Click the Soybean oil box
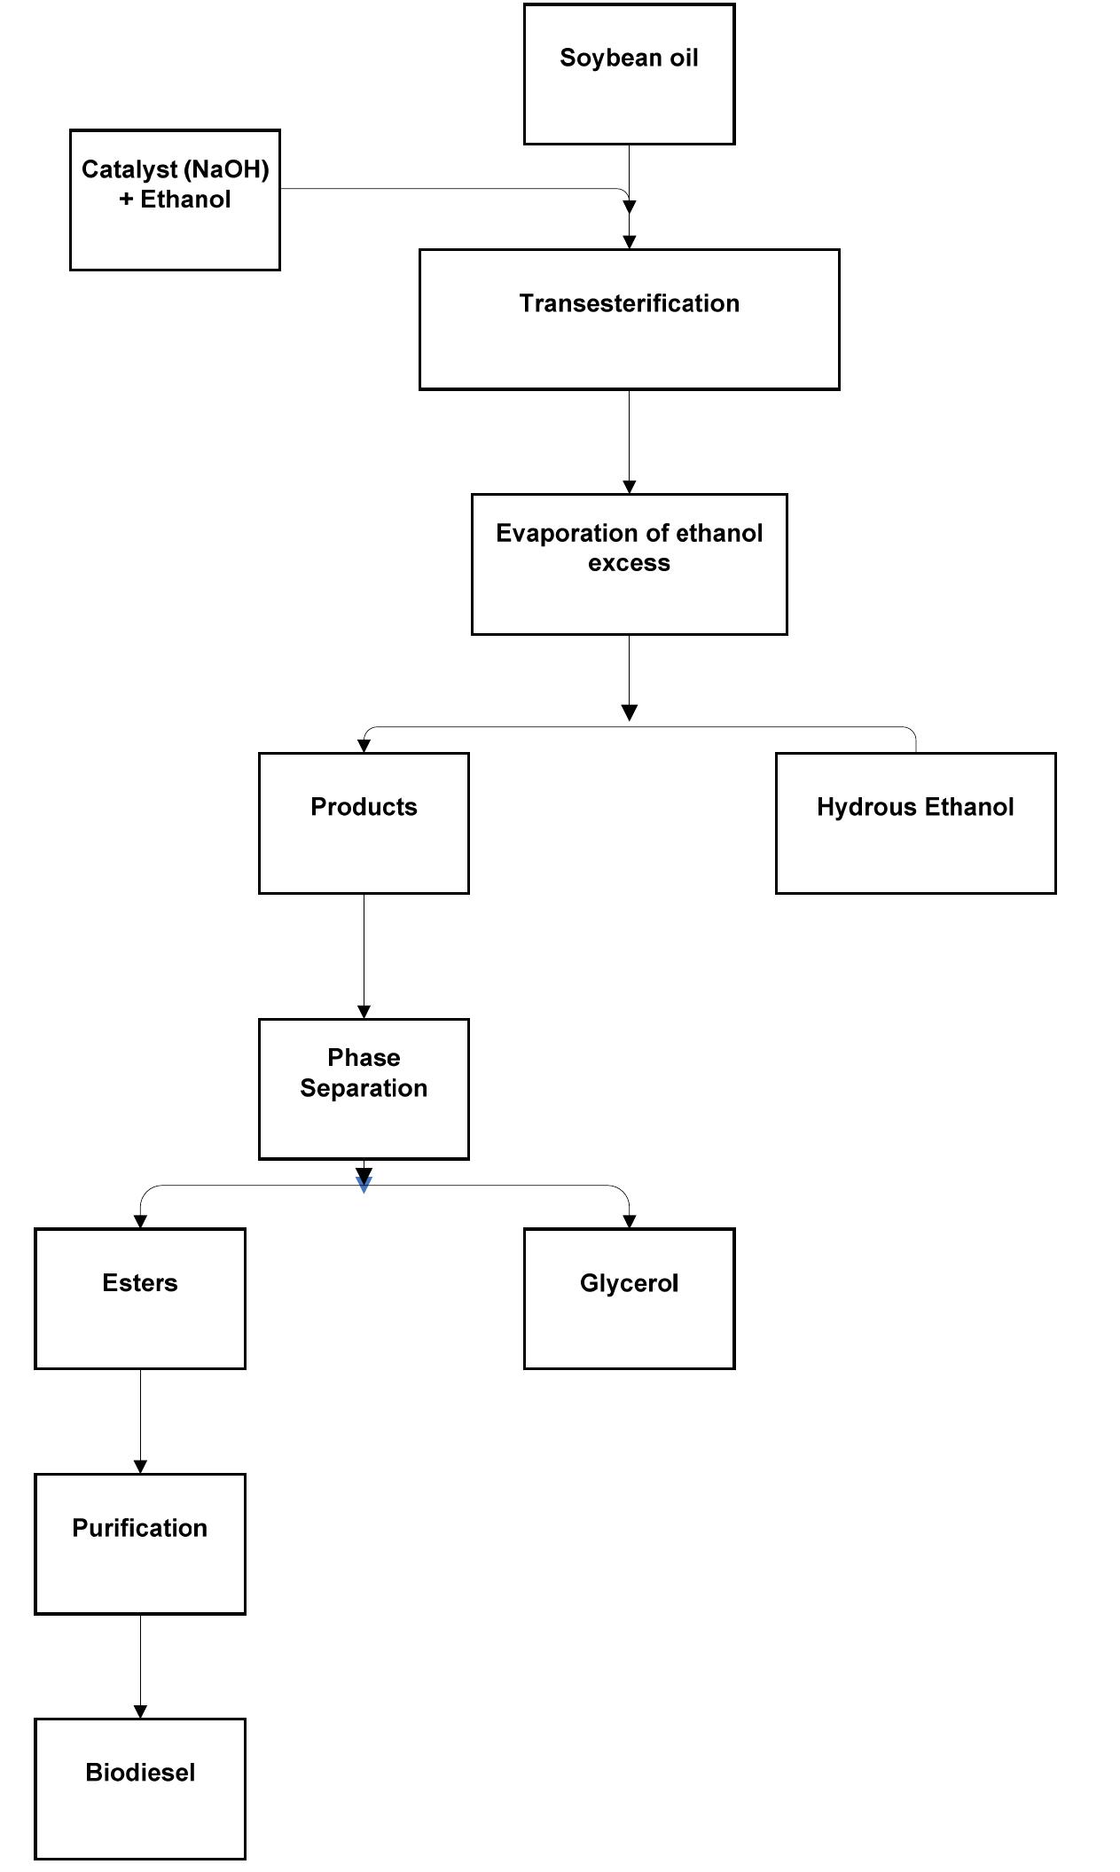coord(629,74)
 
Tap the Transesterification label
coord(629,303)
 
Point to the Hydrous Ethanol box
coord(915,823)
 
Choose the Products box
coord(364,823)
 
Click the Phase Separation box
coord(364,1088)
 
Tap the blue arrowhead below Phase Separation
coord(364,1186)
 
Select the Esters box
coord(140,1298)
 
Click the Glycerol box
coord(629,1298)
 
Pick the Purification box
coord(140,1544)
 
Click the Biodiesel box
coord(140,1789)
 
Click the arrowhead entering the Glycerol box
coord(629,1221)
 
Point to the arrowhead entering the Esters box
coord(140,1221)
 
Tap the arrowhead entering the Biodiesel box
coord(140,1711)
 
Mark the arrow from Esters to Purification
coord(140,1419)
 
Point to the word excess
coord(629,563)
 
